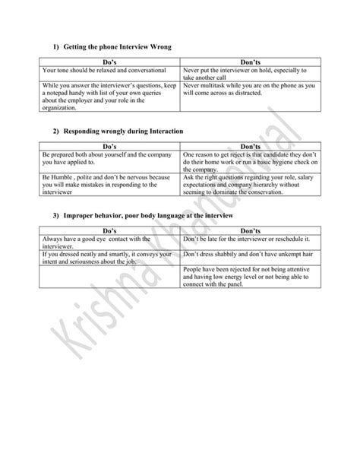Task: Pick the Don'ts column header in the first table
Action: pos(250,62)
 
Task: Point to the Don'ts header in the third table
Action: pos(250,230)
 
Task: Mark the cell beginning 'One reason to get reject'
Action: pos(250,162)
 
